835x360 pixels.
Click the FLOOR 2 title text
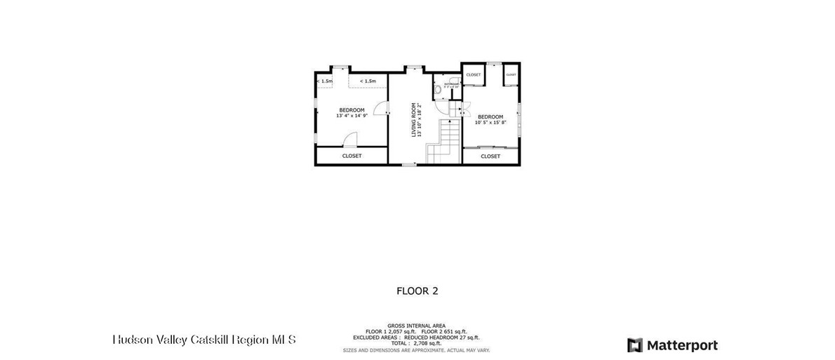(x=417, y=290)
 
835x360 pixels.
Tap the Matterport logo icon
(x=634, y=345)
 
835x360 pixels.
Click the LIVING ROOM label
(x=414, y=119)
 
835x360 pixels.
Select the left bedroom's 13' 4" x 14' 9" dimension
(x=352, y=116)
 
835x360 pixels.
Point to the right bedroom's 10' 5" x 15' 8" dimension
(x=490, y=123)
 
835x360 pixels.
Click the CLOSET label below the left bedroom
(x=352, y=156)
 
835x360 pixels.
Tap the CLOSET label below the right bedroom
(x=490, y=156)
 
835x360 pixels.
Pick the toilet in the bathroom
(x=437, y=91)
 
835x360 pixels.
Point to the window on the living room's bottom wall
(x=408, y=165)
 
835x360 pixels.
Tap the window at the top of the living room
(x=413, y=67)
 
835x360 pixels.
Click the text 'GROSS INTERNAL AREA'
(x=416, y=326)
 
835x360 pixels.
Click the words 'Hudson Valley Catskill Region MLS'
(x=204, y=340)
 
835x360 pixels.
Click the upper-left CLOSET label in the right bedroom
(x=474, y=74)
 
